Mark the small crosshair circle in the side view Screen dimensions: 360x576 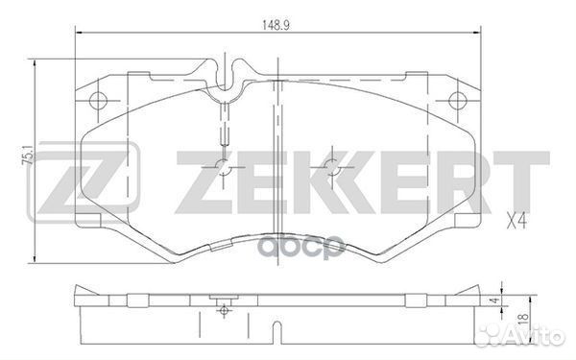tap(223, 311)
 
